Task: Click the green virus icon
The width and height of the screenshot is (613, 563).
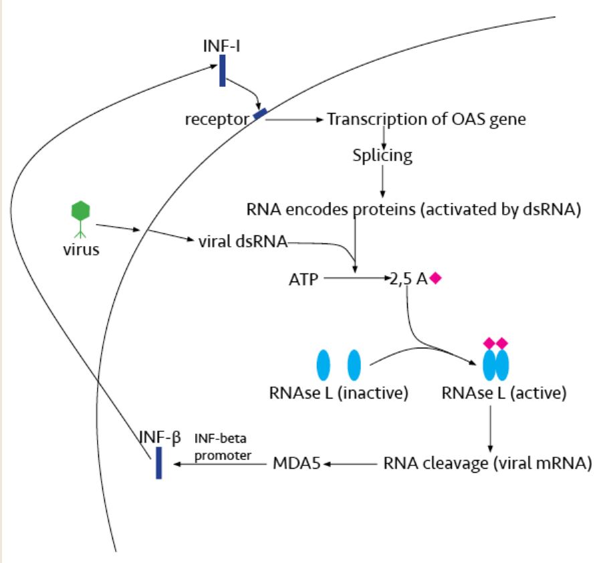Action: (80, 212)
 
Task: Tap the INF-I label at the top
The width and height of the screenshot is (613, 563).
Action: (223, 47)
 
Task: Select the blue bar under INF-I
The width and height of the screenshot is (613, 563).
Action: (223, 71)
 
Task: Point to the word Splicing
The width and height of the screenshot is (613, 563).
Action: (382, 156)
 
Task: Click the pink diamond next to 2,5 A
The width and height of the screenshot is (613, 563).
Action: (435, 277)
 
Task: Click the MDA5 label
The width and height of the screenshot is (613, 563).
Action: (298, 463)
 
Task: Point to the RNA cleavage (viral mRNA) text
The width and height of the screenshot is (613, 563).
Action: (487, 463)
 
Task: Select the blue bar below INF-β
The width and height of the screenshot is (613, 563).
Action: (159, 463)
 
